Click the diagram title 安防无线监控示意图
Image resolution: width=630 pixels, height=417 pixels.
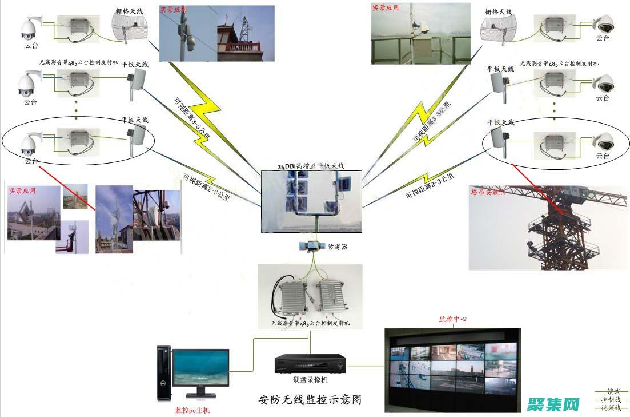[x=310, y=399]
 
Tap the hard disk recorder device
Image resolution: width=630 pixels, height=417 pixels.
[x=311, y=363]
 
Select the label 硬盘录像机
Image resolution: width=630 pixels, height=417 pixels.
[x=310, y=379]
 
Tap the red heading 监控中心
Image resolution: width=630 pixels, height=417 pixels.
[x=452, y=319]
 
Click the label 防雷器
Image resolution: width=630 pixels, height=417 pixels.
[x=337, y=247]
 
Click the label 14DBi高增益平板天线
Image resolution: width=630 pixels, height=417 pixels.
[x=311, y=166]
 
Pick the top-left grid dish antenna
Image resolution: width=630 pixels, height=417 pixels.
[x=129, y=27]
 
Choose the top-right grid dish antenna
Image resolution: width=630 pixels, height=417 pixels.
[x=498, y=29]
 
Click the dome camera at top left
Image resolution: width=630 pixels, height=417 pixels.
[x=29, y=27]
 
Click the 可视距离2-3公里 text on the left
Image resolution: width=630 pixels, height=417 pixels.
[x=206, y=188]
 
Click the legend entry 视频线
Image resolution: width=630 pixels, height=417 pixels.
[x=610, y=408]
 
